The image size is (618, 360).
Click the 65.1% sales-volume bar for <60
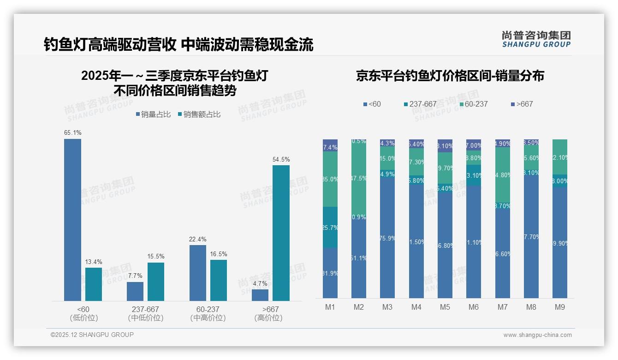(72, 220)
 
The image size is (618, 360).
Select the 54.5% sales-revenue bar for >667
(281, 233)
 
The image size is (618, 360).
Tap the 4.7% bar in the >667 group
(260, 295)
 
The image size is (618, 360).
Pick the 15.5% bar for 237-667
(156, 282)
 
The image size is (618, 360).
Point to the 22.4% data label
(198, 239)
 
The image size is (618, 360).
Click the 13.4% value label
(94, 262)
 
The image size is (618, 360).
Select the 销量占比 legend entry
(153, 114)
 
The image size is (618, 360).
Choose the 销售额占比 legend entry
(199, 114)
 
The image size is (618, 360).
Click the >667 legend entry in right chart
(522, 104)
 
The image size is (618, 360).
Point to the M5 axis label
(445, 307)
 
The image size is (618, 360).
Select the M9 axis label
(559, 307)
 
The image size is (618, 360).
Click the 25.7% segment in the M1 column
(330, 227)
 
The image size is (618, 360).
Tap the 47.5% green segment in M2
(359, 178)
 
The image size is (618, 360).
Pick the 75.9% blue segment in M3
(387, 238)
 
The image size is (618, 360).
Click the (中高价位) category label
(208, 318)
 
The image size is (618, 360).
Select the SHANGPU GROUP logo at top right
(536, 39)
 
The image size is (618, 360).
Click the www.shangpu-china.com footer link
(537, 335)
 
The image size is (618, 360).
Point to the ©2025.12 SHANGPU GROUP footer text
(92, 335)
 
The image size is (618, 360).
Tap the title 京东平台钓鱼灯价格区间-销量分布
(450, 76)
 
